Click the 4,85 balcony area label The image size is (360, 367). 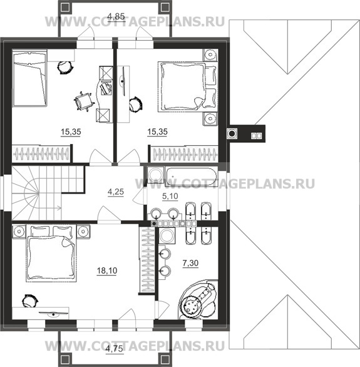coord(116,17)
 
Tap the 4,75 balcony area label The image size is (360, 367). coord(114,349)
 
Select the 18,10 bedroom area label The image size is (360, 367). coord(107,271)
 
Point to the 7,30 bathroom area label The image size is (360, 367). coord(190,263)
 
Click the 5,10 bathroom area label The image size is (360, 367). coord(170,196)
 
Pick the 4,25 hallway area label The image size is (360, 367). coord(116,192)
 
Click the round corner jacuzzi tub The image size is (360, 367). coord(198,300)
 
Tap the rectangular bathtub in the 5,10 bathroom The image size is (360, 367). coord(191,176)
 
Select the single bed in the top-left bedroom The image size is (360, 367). coord(29,80)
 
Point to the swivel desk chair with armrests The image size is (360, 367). coord(83,101)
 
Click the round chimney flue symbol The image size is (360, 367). coord(232,133)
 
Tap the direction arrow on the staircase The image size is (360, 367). coord(58,207)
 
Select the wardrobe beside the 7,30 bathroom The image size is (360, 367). coord(147,259)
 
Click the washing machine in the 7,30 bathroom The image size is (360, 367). coord(167,235)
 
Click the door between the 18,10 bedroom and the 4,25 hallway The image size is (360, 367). coord(109,214)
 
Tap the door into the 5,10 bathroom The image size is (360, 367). coord(138,199)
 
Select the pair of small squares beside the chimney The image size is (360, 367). coord(256,135)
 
